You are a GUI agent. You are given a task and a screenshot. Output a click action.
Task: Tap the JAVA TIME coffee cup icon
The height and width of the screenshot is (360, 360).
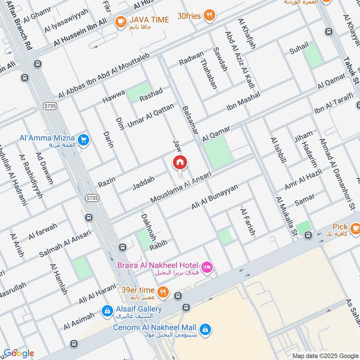point(120,21)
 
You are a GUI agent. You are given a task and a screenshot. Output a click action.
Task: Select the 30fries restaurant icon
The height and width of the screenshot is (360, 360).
point(208,15)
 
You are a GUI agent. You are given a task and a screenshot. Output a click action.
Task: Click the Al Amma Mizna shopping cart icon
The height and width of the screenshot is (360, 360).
point(83,140)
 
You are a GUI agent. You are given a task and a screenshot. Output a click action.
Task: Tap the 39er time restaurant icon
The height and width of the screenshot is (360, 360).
point(163,292)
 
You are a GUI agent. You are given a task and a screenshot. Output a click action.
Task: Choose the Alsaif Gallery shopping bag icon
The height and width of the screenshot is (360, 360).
point(107,310)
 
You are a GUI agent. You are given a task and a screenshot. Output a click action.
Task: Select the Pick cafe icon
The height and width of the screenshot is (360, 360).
point(355,229)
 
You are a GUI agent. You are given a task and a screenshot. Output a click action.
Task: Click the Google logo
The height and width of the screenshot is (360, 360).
point(18,353)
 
